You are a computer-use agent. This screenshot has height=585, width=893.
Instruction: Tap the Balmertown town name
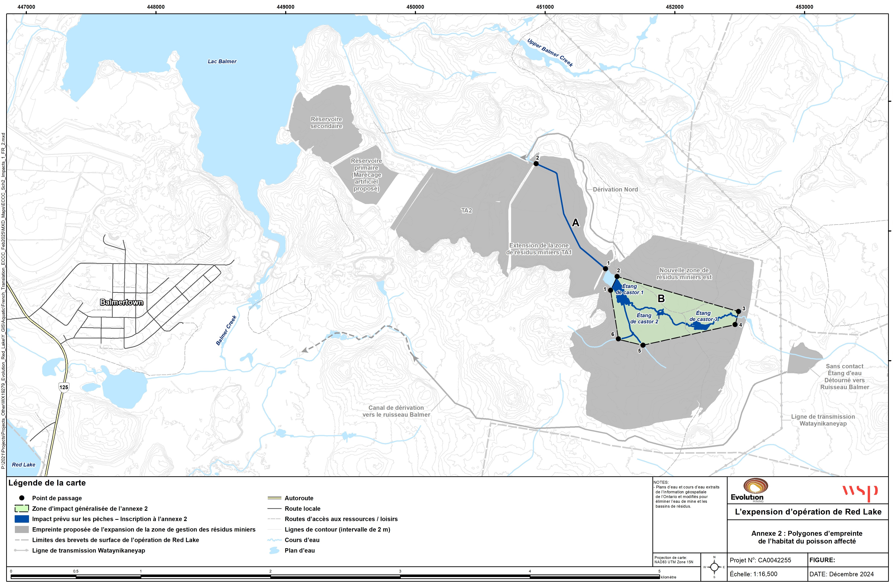(x=122, y=302)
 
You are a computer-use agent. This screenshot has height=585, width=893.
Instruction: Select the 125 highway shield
(x=64, y=387)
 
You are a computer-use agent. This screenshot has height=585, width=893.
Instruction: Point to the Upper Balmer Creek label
(x=550, y=53)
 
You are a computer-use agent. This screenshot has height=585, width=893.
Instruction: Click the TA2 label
(x=466, y=211)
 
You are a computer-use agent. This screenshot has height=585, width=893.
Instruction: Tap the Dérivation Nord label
(x=615, y=190)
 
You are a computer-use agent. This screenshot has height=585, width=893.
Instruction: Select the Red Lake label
(x=24, y=465)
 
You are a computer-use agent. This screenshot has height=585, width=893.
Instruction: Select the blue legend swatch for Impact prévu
(x=22, y=519)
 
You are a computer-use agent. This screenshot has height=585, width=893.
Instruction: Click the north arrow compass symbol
(x=714, y=567)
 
